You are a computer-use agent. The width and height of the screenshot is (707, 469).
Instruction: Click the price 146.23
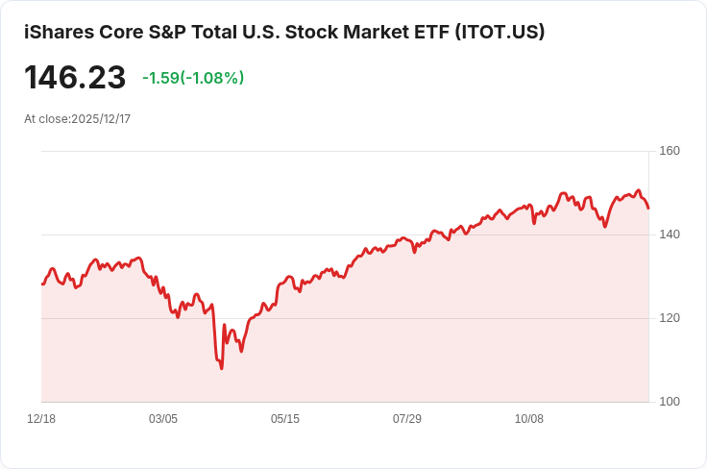[x=75, y=78]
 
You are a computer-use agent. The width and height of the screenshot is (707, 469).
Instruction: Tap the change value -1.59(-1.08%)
[x=193, y=78]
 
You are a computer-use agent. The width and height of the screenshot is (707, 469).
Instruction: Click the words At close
[x=46, y=119]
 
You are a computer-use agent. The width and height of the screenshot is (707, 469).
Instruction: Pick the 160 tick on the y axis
[x=670, y=151]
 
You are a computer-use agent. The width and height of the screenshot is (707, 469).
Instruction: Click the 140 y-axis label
[x=670, y=234]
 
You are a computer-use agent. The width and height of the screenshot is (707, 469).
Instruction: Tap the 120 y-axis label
[x=670, y=318]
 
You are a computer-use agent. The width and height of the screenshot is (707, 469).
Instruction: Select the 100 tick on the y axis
[x=670, y=402]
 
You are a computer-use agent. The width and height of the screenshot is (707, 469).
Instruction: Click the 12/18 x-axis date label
[x=41, y=419]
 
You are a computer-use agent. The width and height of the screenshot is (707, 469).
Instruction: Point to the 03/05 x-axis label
[x=163, y=419]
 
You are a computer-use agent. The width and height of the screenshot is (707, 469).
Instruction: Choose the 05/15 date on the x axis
[x=285, y=419]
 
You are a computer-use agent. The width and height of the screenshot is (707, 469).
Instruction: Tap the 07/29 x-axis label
[x=407, y=419]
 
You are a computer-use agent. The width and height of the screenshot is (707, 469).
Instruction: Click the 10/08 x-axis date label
[x=529, y=419]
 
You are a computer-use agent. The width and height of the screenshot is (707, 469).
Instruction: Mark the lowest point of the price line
[x=222, y=368]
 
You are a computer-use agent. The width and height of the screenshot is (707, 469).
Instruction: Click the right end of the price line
[x=648, y=208]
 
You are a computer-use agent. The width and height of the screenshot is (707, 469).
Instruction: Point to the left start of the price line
[x=41, y=284]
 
